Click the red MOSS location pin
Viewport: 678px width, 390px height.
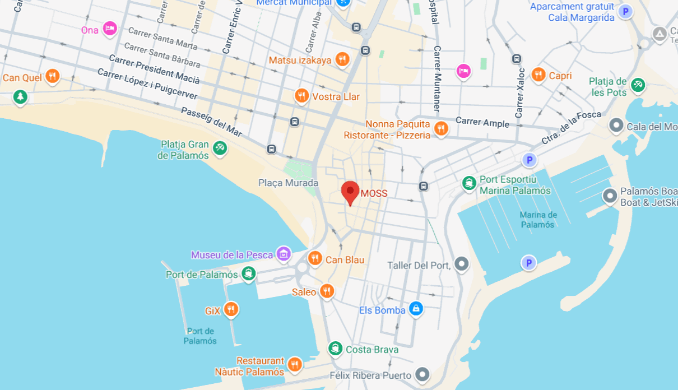[x=350, y=192]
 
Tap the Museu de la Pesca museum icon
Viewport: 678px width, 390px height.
[x=284, y=254]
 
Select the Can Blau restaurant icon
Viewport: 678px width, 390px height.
[x=315, y=258]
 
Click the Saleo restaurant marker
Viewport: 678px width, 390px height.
[x=327, y=291]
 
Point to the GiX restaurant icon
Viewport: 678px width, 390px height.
[x=230, y=309]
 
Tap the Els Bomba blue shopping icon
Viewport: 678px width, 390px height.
[x=415, y=309]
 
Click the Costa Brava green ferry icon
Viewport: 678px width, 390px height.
[x=335, y=349]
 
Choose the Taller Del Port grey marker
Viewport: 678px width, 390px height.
[x=461, y=264]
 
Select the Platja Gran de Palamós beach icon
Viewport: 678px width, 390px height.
[x=219, y=148]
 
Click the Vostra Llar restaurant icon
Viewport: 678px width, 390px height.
[x=301, y=96]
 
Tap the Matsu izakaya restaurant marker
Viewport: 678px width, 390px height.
[x=342, y=59]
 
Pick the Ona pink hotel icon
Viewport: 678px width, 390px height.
[x=110, y=29]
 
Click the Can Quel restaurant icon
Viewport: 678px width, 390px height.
[x=53, y=76]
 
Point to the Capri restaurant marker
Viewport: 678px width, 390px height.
[x=538, y=75]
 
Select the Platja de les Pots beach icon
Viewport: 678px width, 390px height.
[x=638, y=85]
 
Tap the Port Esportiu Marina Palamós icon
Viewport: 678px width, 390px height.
[x=469, y=183]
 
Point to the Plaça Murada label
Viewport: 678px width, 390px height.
[x=288, y=183]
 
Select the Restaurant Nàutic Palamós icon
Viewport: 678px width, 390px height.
[x=295, y=365]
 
